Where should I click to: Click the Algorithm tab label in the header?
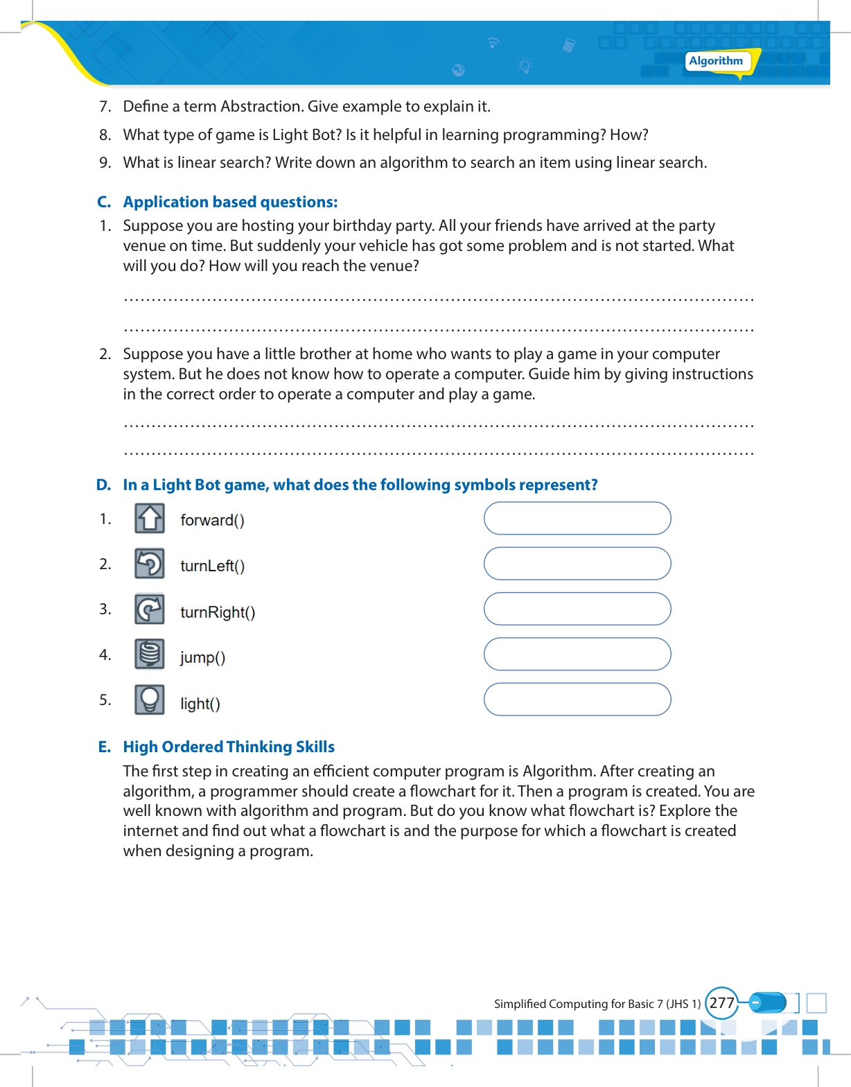click(716, 61)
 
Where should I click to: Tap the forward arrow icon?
click(150, 519)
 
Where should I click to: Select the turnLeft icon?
click(150, 564)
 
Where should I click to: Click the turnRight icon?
click(150, 609)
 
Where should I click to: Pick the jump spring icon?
click(150, 654)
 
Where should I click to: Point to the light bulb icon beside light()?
click(150, 700)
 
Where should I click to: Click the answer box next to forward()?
click(577, 519)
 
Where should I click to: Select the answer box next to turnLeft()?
click(577, 564)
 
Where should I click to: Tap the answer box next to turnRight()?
click(577, 609)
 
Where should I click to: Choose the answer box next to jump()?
click(577, 654)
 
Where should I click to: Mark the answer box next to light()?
click(577, 699)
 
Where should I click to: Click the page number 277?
click(721, 1003)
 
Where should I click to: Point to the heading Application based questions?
click(230, 202)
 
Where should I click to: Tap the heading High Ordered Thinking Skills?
click(229, 747)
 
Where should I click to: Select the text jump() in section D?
click(202, 657)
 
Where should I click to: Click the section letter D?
click(103, 485)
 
